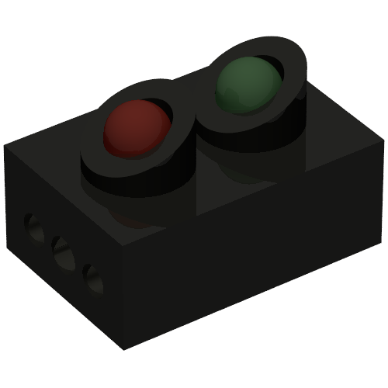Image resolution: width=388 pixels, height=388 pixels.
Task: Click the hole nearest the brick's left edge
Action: tap(33, 228)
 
